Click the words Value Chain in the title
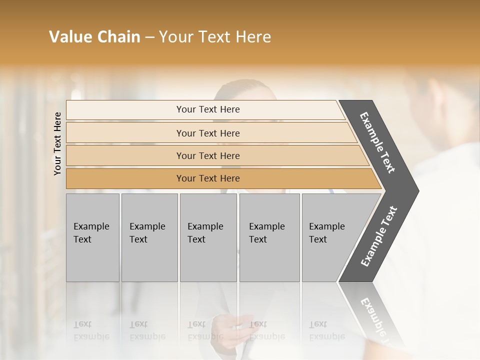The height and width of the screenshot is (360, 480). tap(94, 37)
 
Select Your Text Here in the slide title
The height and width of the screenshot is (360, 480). tap(215, 37)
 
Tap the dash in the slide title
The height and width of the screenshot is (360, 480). tap(149, 37)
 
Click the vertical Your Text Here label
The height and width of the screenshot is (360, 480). tap(57, 143)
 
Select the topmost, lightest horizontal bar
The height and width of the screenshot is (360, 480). tap(208, 109)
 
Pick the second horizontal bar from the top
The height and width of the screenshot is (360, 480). tap(208, 133)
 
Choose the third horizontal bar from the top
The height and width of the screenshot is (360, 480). tap(208, 155)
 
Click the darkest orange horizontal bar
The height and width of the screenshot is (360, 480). tap(208, 178)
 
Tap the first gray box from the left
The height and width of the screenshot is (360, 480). tap(92, 237)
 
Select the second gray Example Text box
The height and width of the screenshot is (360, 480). tap(149, 237)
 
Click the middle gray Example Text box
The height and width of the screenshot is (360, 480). tap(208, 237)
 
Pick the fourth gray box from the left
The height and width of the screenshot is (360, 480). tap(269, 237)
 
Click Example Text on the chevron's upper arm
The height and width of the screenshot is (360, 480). tap(378, 143)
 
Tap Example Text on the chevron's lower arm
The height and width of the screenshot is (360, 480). tap(379, 236)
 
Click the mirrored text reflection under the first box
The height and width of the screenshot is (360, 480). tap(91, 330)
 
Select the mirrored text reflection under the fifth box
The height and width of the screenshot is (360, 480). tap(326, 330)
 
